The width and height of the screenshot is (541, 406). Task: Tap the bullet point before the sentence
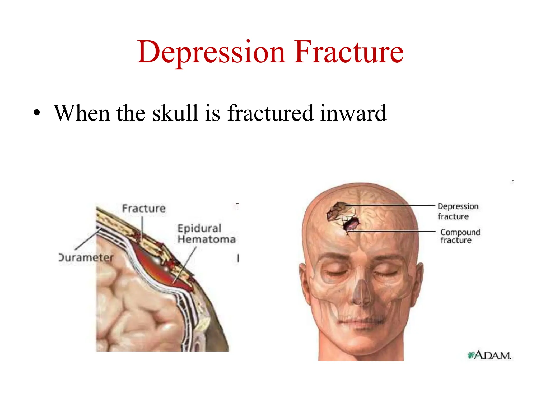pos(37,114)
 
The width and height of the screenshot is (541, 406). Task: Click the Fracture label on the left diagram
pos(144,209)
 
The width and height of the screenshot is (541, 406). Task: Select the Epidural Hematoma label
pos(206,234)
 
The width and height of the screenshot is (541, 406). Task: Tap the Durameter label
pos(86,257)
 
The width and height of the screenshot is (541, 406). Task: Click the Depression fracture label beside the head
pos(458,211)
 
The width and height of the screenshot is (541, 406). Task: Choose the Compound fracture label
pos(460,236)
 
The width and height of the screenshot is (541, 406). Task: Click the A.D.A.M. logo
pos(489,355)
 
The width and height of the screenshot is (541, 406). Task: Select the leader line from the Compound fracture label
pos(394,231)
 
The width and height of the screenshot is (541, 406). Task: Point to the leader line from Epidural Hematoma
pos(185,264)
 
